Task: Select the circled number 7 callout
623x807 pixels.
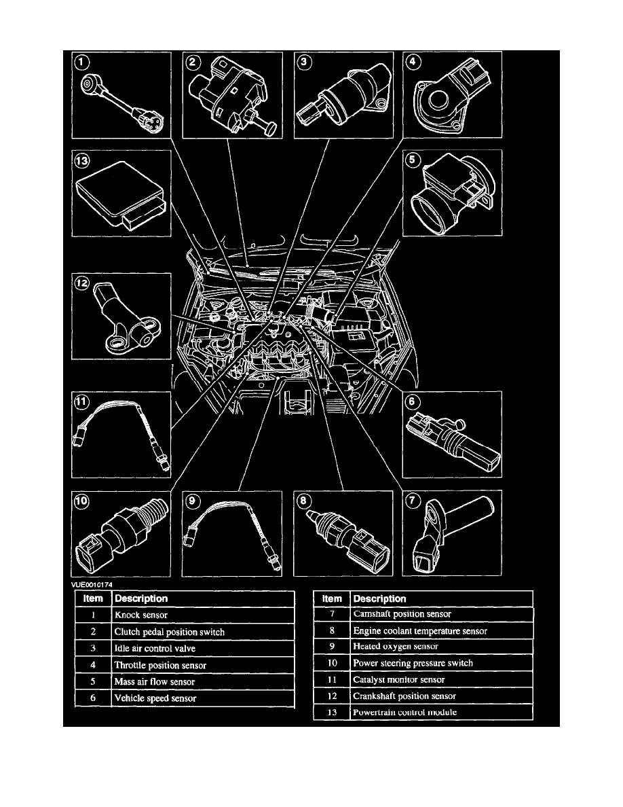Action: point(413,501)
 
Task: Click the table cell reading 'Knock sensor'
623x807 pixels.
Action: point(203,615)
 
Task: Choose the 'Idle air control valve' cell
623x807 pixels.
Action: point(203,648)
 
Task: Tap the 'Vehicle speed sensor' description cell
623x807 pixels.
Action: point(203,698)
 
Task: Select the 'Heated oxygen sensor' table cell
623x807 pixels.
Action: point(441,647)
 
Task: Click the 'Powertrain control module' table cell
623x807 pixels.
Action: point(441,713)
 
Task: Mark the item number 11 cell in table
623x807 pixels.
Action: point(332,679)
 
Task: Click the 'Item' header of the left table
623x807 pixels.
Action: point(93,598)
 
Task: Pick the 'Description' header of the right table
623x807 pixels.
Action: point(441,598)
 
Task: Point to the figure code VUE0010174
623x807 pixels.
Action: point(94,584)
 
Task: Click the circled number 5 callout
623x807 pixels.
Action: point(413,161)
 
